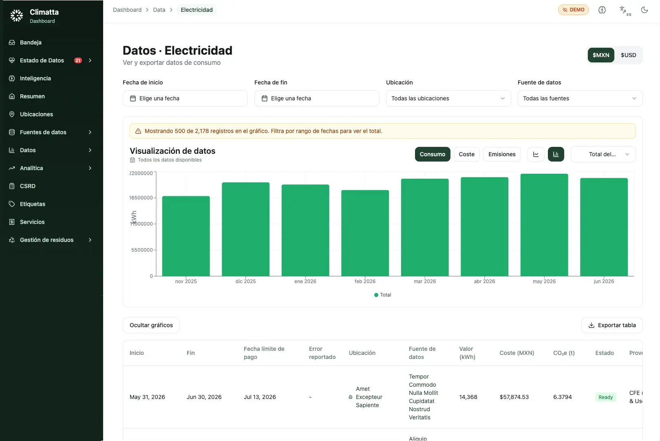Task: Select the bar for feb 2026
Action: [365, 233]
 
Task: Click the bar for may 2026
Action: [544, 225]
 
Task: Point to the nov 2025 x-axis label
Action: [185, 281]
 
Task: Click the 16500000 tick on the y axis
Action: [141, 197]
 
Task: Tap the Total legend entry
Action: [382, 295]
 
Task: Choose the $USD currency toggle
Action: [628, 55]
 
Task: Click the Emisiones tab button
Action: [502, 154]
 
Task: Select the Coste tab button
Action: [466, 154]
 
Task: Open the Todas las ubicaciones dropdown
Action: [448, 98]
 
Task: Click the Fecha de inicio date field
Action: [185, 98]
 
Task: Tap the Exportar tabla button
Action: [611, 325]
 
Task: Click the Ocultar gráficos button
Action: [151, 325]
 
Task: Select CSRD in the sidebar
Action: [27, 186]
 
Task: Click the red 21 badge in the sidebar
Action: [78, 60]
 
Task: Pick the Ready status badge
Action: [605, 397]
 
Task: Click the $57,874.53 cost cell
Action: [514, 397]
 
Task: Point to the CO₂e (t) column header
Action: [564, 353]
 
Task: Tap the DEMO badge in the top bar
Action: [573, 10]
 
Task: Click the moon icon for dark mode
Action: [645, 10]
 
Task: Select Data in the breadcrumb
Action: [159, 10]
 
